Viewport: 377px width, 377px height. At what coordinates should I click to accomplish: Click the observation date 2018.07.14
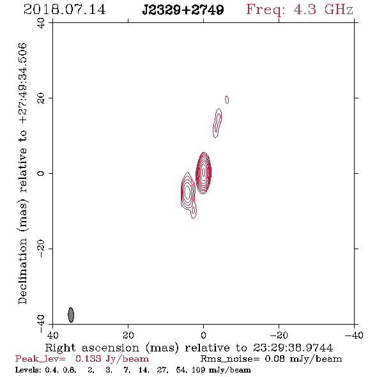[65, 10]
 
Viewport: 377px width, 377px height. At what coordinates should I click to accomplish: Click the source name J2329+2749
[183, 10]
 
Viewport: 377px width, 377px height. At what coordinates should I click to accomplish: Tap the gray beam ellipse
[71, 315]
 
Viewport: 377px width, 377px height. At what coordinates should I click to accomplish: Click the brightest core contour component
[204, 173]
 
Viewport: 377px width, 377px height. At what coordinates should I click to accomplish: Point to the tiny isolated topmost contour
[227, 100]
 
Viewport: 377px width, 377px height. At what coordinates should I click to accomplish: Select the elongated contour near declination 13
[217, 123]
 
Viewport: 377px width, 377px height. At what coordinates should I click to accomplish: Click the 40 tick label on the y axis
[41, 23]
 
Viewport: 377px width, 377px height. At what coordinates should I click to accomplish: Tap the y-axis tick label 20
[41, 98]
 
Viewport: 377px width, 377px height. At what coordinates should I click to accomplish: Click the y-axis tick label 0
[41, 173]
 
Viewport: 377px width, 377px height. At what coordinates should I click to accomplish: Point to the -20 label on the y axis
[41, 249]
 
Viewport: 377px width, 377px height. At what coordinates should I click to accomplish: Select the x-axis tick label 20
[128, 335]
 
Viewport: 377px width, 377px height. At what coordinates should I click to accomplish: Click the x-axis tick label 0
[204, 335]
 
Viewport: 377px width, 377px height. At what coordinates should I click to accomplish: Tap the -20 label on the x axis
[279, 335]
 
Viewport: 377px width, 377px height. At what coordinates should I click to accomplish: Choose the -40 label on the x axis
[354, 335]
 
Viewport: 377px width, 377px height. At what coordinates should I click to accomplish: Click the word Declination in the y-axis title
[22, 271]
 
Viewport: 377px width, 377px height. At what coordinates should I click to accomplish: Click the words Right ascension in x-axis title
[92, 348]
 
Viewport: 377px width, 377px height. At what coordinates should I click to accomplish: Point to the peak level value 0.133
[88, 358]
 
